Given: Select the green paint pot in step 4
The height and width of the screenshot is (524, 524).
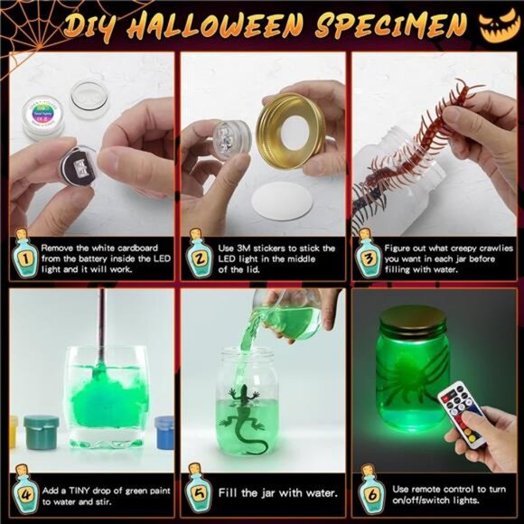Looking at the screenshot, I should click(x=42, y=433).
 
